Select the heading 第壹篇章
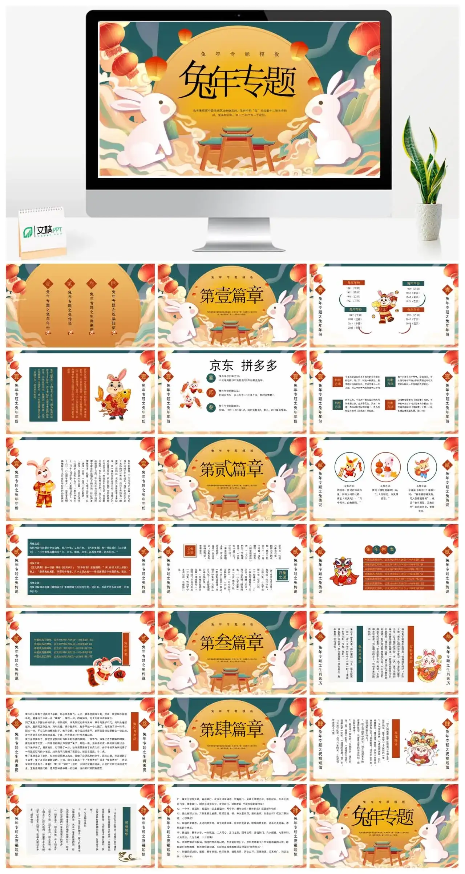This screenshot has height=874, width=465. (x=232, y=295)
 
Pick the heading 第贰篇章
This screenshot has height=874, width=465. (x=232, y=469)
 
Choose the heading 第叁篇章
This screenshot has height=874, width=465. (x=232, y=642)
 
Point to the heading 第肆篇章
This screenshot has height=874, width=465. (x=232, y=729)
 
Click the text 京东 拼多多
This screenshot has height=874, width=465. (x=243, y=366)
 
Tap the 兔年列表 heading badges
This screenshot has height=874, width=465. (x=380, y=549)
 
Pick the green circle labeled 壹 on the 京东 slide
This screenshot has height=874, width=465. (x=211, y=378)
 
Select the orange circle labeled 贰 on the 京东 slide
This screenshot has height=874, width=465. (x=211, y=392)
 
